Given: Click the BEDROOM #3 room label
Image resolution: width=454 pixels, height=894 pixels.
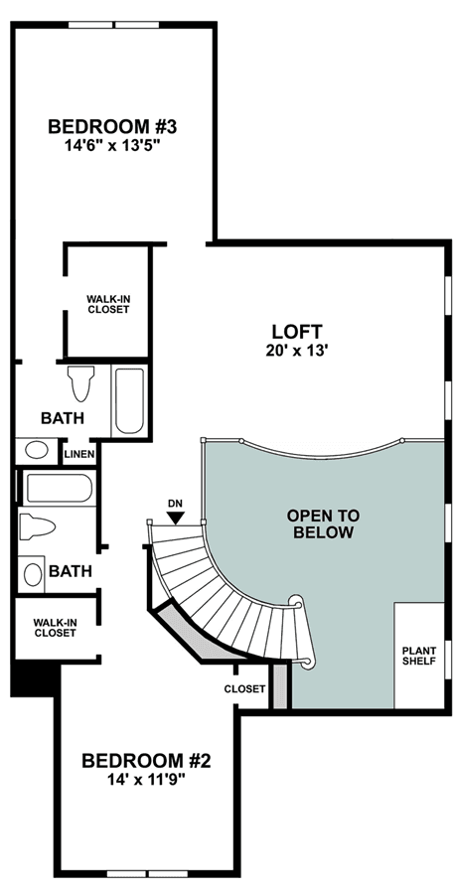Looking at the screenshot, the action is point(112,126).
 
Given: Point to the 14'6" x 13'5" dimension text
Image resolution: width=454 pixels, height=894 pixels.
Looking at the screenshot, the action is point(112,146).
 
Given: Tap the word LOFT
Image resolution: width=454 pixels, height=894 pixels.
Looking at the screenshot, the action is point(297,331).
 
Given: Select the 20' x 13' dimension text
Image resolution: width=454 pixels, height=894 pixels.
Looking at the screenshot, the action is point(297,351).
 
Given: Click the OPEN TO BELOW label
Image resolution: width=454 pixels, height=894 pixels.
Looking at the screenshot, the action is point(324,523).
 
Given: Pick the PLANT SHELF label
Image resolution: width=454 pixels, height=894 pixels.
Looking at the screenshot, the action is point(419,656).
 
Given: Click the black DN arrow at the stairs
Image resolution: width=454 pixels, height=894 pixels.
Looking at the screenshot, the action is point(177,518).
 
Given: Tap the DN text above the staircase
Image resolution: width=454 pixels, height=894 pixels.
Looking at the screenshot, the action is point(175,504).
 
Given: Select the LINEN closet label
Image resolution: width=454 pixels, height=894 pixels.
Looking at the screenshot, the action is point(79,454).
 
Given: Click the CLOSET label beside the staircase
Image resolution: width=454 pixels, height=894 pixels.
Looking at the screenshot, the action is point(244,688).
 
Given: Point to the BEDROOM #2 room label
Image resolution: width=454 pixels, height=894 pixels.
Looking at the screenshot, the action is point(147,761).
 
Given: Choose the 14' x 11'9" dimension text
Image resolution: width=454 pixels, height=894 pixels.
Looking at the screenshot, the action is point(147,780).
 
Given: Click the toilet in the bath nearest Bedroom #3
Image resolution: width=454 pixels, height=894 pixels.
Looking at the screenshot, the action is point(80,382).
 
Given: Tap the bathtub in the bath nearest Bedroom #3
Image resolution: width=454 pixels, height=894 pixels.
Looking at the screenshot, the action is point(129,401).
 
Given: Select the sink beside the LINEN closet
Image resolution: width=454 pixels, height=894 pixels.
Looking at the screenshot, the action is point(37,450).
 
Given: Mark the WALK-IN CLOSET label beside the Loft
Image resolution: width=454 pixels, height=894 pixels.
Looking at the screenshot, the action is point(108,304).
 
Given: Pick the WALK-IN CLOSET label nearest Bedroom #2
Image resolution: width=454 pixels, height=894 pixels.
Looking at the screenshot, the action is point(55,627).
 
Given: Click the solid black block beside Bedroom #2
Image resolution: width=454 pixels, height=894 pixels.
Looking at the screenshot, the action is point(34,678).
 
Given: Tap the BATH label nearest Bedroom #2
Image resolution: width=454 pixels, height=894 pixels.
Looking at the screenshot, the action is point(71,571).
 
